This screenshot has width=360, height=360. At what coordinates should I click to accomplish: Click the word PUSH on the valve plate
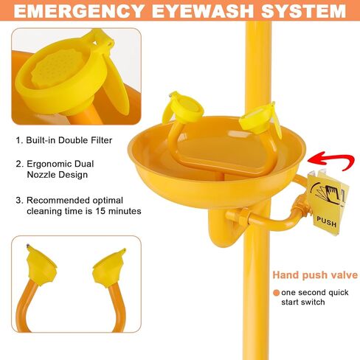click(326, 220)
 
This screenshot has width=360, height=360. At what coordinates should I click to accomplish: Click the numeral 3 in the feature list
click(18, 200)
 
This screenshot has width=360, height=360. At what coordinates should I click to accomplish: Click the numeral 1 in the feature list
click(18, 139)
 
